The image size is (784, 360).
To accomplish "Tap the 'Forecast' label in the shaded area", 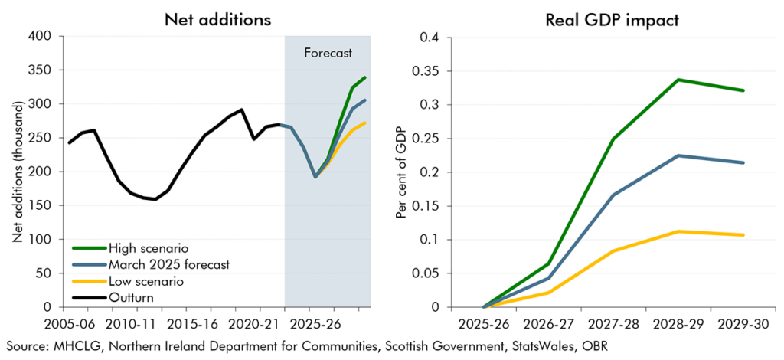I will point(328,54).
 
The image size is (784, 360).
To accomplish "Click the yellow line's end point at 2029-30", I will point(743,235).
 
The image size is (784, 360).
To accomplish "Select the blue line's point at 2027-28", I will point(613,195).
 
